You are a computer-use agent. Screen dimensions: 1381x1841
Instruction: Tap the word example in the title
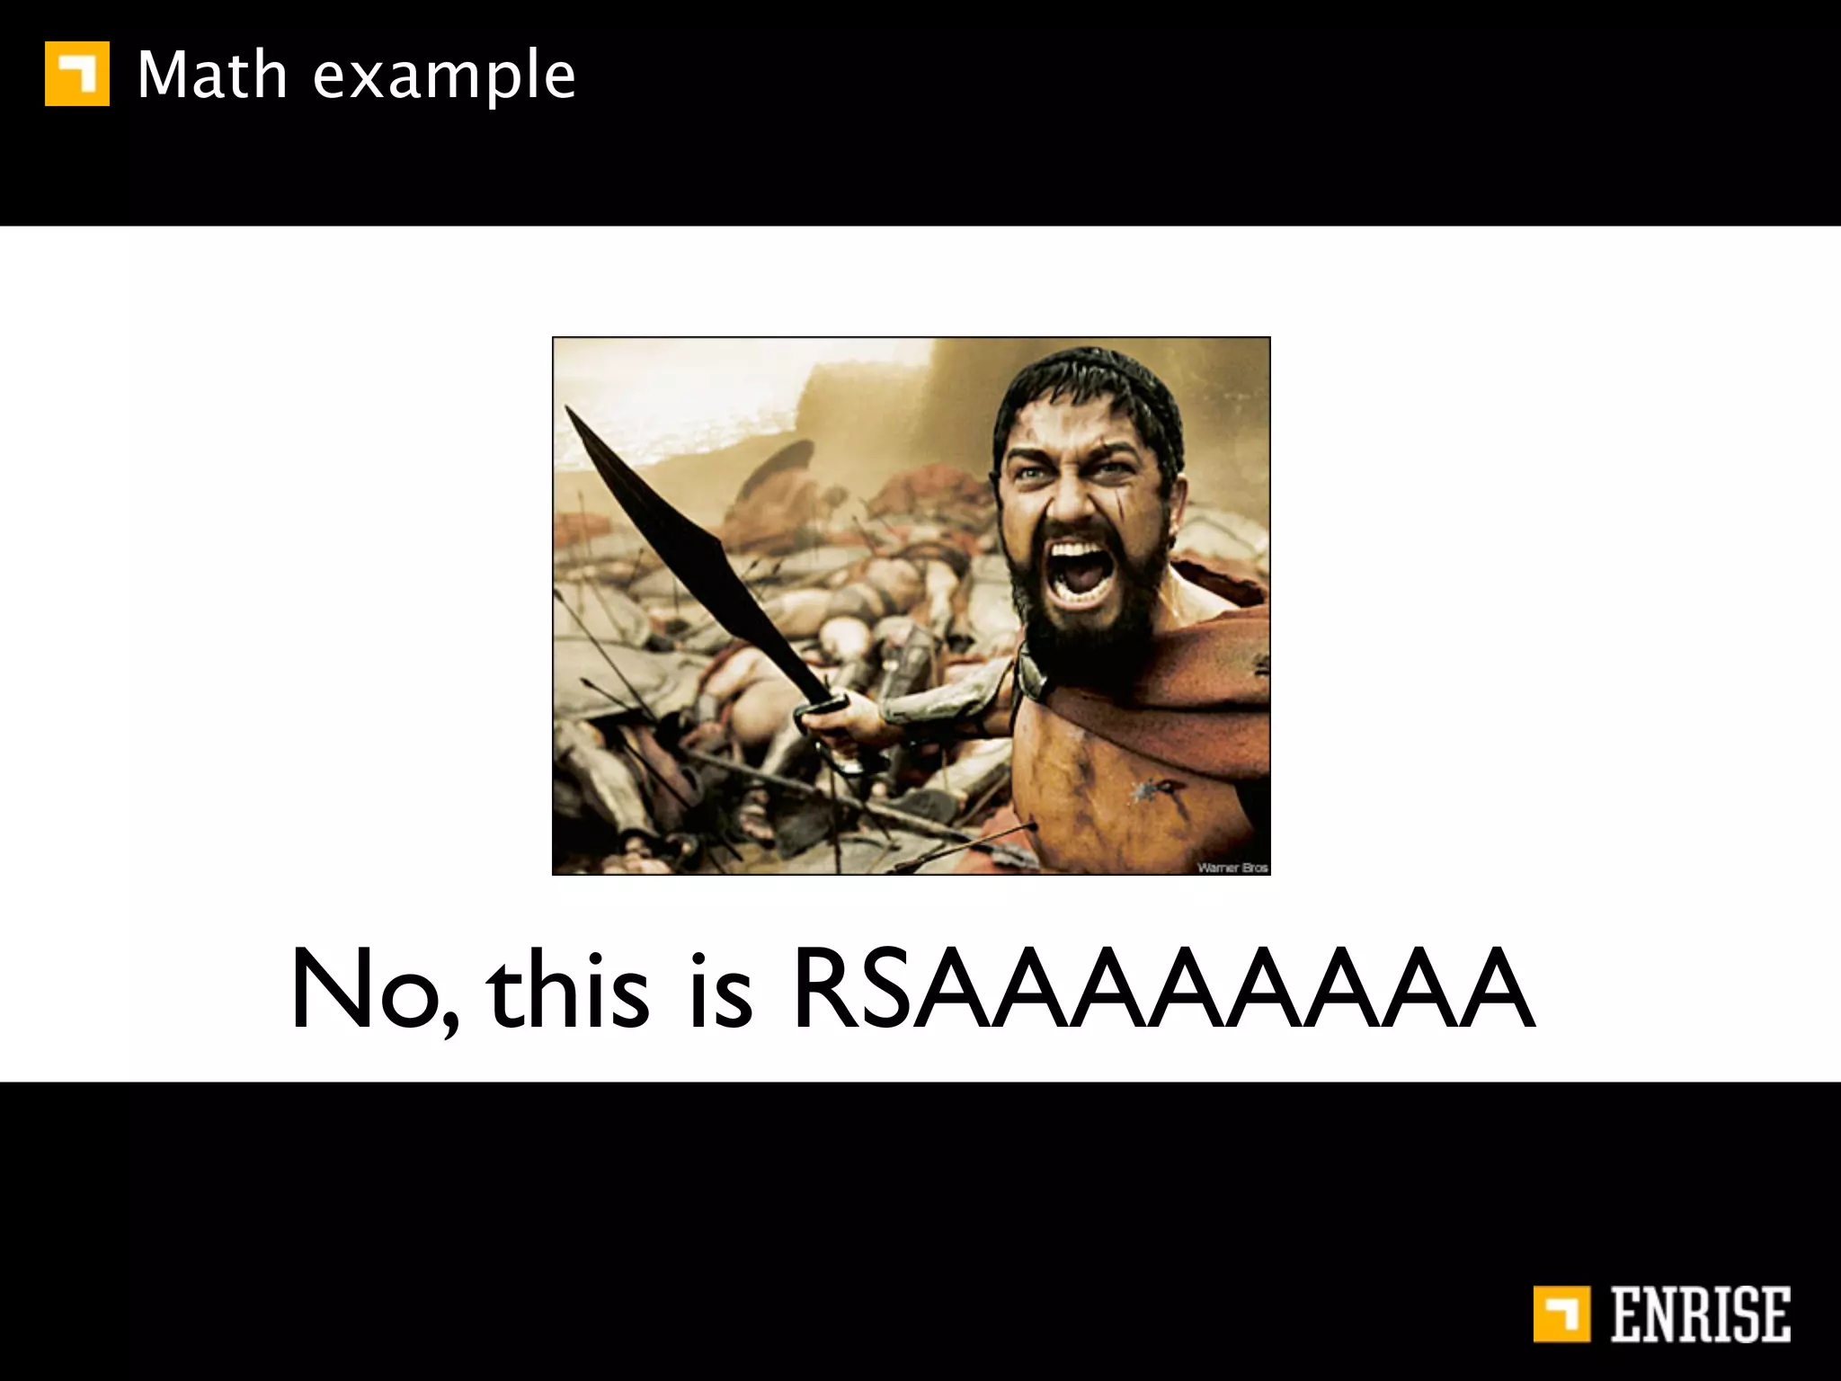443,77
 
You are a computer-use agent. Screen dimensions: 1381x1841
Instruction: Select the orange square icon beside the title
77,74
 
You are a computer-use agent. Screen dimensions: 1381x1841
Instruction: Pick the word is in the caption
720,989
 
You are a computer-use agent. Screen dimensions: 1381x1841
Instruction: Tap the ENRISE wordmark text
1700,1314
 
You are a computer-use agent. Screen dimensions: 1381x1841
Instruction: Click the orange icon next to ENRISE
1561,1314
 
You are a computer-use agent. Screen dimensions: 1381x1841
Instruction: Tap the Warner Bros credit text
1232,867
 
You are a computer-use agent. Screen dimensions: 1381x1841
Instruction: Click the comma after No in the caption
449,1020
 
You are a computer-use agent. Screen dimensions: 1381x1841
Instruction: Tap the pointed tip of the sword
568,410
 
